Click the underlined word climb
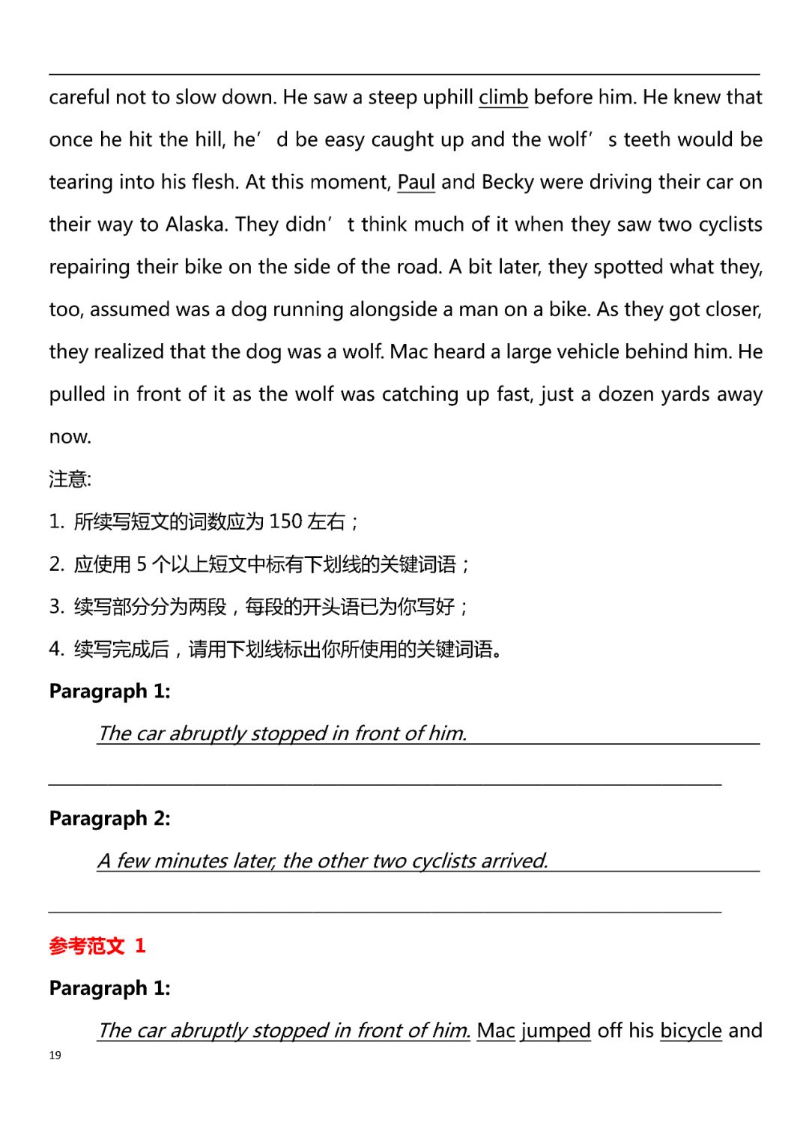(x=503, y=97)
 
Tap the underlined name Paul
(x=416, y=182)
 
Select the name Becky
(x=507, y=182)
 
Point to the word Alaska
(x=196, y=225)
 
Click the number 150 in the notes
(x=285, y=521)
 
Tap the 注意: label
(x=70, y=479)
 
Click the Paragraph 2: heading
(x=109, y=818)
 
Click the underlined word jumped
(x=556, y=1031)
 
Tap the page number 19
(x=55, y=1055)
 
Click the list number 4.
(x=56, y=649)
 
